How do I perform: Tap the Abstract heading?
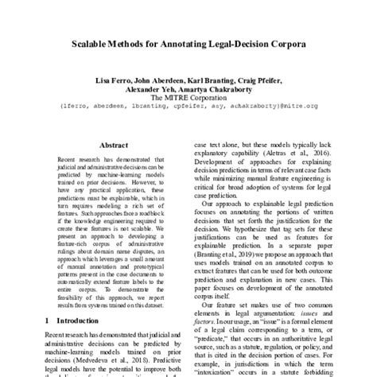tap(113, 146)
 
